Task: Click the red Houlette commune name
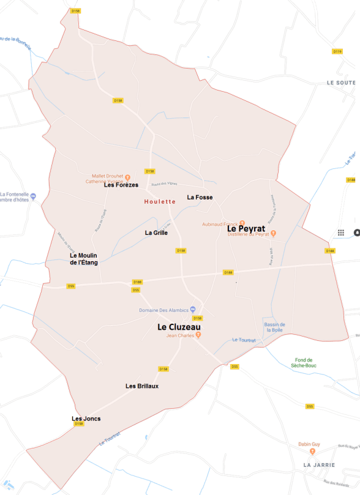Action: pos(160,201)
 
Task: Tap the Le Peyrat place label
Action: pos(246,212)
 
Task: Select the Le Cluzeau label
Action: pos(179,327)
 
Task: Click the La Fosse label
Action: pos(200,197)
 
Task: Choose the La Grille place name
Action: pos(156,233)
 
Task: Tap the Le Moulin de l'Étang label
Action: pos(84,259)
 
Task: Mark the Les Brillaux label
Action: pos(142,385)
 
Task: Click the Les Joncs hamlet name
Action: pos(86,419)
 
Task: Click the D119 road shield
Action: pos(337,51)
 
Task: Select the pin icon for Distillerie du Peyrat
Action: pos(274,233)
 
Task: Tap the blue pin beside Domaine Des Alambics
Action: pos(193,310)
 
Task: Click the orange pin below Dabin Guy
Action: pos(312,452)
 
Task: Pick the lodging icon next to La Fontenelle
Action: pos(34,196)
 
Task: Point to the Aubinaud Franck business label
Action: pos(220,225)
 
